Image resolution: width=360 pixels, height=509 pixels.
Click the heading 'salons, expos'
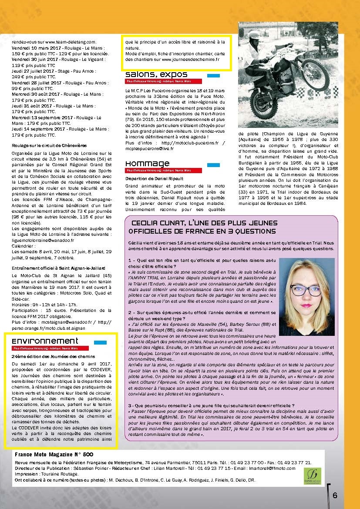156,74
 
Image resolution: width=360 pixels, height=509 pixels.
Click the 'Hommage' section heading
147,164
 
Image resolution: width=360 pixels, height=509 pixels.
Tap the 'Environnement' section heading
45,341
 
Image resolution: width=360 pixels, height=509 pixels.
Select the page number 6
335,495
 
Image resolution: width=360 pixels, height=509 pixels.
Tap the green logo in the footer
312,475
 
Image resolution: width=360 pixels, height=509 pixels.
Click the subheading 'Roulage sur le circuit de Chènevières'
49,145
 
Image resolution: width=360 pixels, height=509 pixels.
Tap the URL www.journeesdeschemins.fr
190,59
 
